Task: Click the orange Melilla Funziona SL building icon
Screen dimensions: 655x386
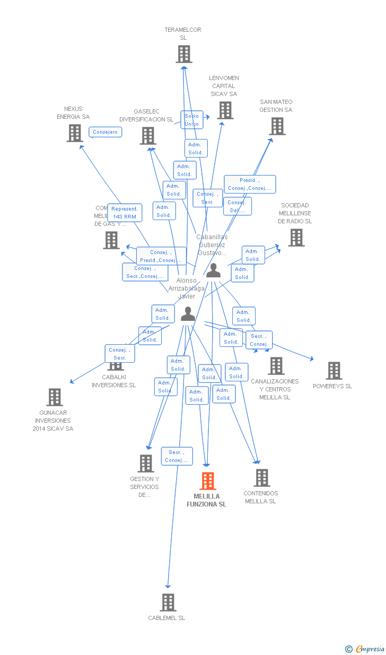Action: click(x=208, y=481)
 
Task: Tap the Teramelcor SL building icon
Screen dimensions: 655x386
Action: click(x=183, y=54)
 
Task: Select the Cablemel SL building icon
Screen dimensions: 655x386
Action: click(x=168, y=602)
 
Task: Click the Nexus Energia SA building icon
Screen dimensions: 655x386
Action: click(x=75, y=133)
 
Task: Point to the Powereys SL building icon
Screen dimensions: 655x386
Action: click(x=334, y=371)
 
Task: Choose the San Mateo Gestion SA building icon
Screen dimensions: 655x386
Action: click(x=277, y=126)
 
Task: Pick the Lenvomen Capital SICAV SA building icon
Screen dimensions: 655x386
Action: click(x=225, y=110)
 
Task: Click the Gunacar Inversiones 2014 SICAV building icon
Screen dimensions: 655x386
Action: click(x=55, y=397)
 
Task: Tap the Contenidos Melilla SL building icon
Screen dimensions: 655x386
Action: click(x=261, y=478)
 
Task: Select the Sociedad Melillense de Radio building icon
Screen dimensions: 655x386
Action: click(x=296, y=238)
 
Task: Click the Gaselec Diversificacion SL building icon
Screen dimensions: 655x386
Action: click(x=148, y=136)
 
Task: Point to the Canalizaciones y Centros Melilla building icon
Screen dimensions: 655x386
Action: click(x=276, y=366)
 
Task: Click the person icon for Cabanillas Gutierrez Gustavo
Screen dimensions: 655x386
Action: click(x=213, y=270)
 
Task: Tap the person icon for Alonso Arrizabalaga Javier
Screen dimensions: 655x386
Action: click(x=188, y=314)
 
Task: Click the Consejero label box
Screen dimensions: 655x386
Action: click(x=106, y=132)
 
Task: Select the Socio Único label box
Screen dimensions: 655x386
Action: click(x=192, y=120)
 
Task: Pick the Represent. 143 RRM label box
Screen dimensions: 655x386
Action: click(x=125, y=213)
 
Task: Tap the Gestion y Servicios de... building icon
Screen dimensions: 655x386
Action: click(x=146, y=464)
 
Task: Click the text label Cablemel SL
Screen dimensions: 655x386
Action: click(x=166, y=618)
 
